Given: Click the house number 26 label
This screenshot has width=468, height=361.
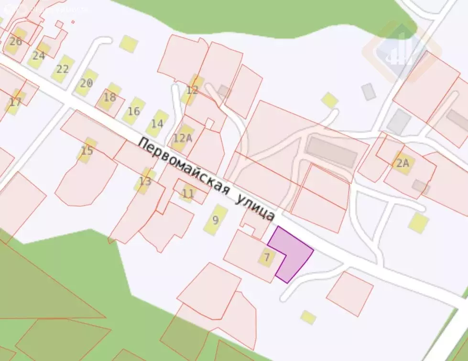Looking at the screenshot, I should pyautogui.click(x=16, y=41).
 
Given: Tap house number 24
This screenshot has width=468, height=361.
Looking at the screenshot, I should pyautogui.click(x=39, y=55).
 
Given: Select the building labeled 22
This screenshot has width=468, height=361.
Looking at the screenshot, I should pyautogui.click(x=63, y=69).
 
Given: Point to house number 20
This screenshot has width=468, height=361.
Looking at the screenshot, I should pyautogui.click(x=86, y=83).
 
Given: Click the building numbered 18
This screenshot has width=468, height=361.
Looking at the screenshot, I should pyautogui.click(x=109, y=97).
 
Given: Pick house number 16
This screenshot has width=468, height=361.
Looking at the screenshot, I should pyautogui.click(x=133, y=111).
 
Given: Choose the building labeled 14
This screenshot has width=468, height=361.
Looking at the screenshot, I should pyautogui.click(x=157, y=124).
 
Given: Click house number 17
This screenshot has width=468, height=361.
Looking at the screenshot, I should pyautogui.click(x=15, y=102).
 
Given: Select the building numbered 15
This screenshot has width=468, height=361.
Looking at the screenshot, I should pyautogui.click(x=87, y=150).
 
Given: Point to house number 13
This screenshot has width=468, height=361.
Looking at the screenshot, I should pyautogui.click(x=145, y=181).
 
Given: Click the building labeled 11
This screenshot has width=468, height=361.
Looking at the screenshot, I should pyautogui.click(x=188, y=193).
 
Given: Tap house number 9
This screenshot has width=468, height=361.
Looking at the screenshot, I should pyautogui.click(x=215, y=220).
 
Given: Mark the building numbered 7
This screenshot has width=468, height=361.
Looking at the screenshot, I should pyautogui.click(x=267, y=258).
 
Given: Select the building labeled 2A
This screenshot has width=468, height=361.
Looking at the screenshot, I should pyautogui.click(x=403, y=163).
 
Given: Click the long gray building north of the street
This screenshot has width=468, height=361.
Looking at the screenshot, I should pyautogui.click(x=332, y=151).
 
